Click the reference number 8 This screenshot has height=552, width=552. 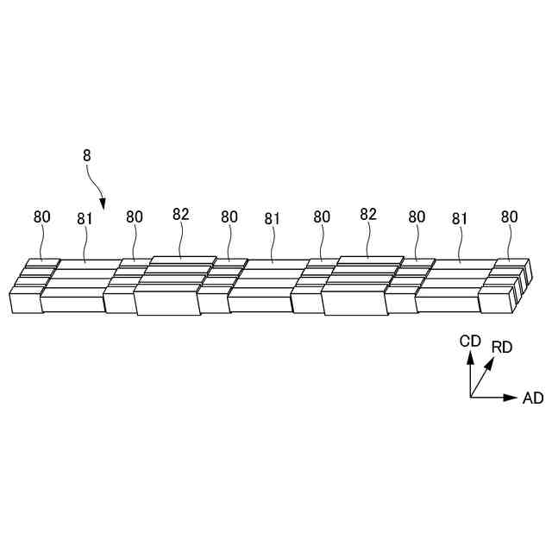(86, 156)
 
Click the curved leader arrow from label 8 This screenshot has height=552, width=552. (97, 185)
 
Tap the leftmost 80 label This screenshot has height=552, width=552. (42, 217)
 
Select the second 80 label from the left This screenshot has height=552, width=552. (135, 217)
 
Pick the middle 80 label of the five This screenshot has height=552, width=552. (229, 217)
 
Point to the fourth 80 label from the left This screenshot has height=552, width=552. (322, 217)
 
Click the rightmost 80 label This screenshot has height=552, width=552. (510, 217)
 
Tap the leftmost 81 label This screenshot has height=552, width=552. (85, 219)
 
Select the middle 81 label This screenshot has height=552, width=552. (273, 219)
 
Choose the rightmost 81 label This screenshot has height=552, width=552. (460, 219)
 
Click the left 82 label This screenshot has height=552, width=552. (180, 215)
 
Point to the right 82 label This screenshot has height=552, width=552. (368, 215)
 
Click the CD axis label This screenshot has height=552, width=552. (470, 341)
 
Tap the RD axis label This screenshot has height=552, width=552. (502, 347)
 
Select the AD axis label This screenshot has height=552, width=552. (533, 398)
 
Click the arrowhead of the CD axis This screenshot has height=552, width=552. (471, 356)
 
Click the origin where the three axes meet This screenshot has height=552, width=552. (471, 398)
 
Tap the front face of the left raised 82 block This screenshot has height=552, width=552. (166, 303)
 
